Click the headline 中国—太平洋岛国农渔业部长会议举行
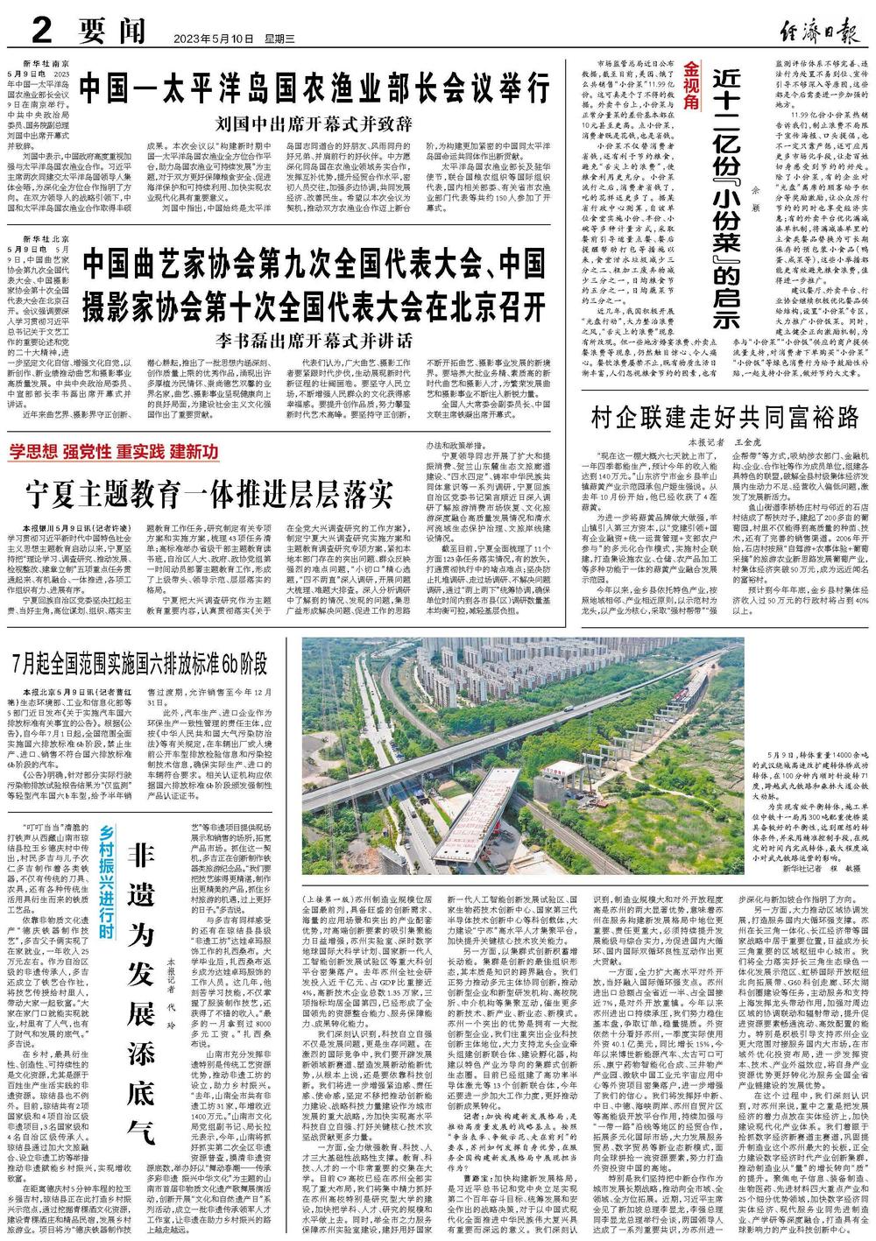tap(315, 88)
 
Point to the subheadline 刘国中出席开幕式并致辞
tap(314, 121)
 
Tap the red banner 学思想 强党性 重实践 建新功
tap(114, 452)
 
